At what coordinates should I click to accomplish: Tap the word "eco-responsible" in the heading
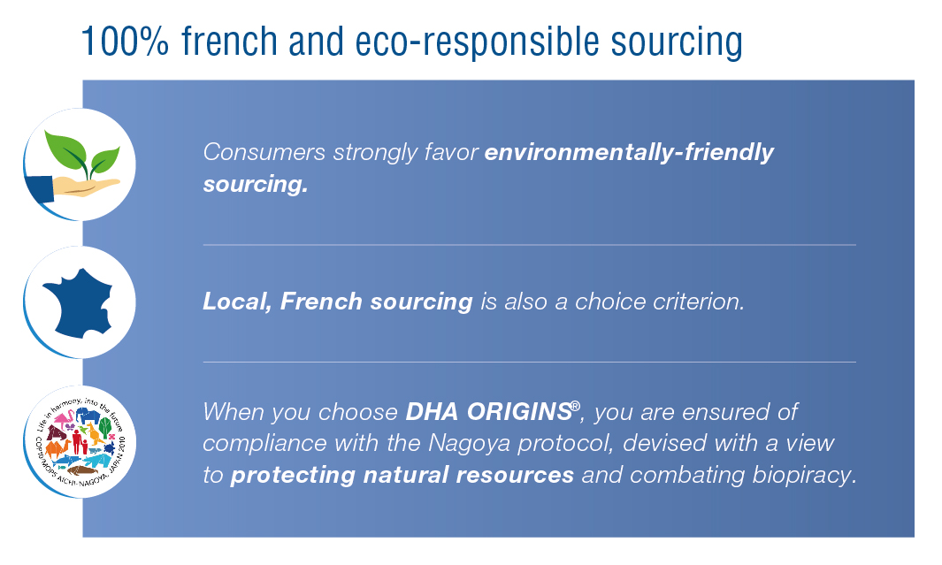[x=478, y=42]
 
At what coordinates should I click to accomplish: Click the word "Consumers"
[x=264, y=152]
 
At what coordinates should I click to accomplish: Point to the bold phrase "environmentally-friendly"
[x=629, y=152]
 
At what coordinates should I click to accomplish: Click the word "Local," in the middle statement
[x=237, y=302]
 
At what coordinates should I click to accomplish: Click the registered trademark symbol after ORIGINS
[x=576, y=406]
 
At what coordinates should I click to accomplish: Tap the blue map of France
[x=78, y=302]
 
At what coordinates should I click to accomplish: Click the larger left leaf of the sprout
[x=66, y=150]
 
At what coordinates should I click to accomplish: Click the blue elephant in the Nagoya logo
[x=88, y=415]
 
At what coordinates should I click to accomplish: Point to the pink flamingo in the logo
[x=65, y=417]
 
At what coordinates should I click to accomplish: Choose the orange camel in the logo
[x=57, y=449]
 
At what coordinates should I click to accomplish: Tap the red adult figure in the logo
[x=77, y=440]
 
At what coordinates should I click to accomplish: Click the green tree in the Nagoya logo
[x=105, y=426]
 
